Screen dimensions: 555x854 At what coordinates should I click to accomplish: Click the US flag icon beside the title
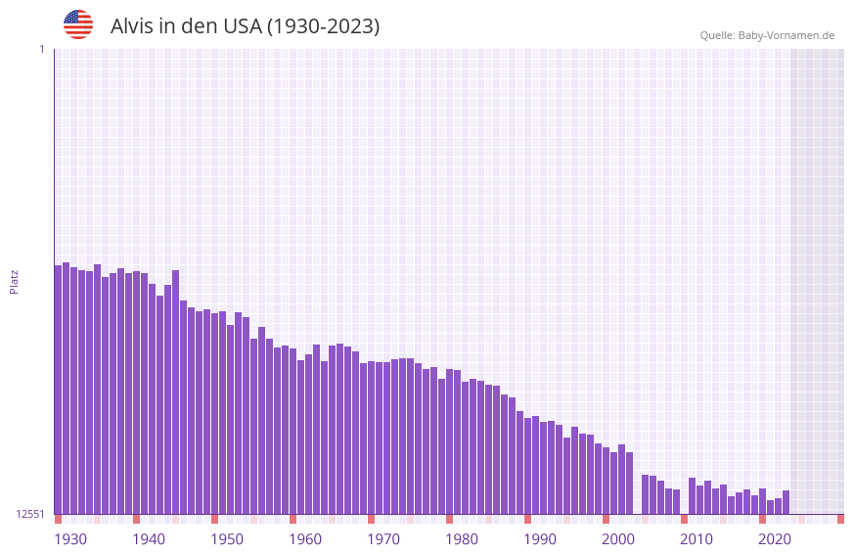78,24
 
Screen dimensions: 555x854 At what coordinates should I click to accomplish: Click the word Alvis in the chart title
133,26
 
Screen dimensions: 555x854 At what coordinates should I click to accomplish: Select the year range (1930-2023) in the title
323,26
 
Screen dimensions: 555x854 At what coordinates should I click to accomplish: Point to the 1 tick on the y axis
41,49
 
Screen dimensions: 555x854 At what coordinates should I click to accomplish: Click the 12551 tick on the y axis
30,514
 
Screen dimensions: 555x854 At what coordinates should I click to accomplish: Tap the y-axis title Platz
14,281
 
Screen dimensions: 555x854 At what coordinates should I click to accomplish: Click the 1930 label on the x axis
70,539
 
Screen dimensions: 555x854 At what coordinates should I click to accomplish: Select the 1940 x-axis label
149,539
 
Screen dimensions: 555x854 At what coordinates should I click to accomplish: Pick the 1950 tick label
227,539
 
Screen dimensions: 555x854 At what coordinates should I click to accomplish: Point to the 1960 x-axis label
305,539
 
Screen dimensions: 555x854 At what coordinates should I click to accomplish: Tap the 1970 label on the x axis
383,539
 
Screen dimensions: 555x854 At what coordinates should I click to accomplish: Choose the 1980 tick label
462,539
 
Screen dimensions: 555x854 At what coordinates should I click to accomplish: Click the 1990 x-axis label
540,539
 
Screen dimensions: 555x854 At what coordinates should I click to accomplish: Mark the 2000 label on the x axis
618,539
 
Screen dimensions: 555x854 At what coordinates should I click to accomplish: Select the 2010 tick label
697,539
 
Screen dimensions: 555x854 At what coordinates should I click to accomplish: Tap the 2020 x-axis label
775,539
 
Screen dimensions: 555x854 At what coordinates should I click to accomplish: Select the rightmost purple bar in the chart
786,502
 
